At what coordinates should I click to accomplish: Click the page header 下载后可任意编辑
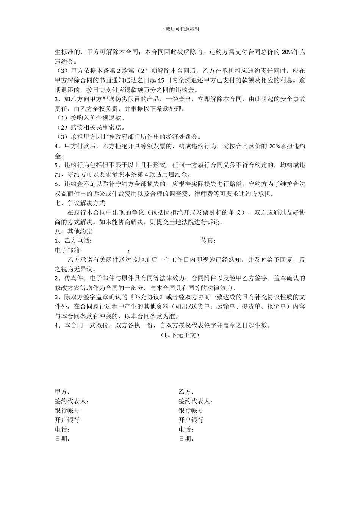pos(180,29)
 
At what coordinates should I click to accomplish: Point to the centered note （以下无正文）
pos(180,335)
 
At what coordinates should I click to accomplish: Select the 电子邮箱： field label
pos(69,250)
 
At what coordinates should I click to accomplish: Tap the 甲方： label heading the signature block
pos(63,392)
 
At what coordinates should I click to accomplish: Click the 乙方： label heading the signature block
pos(186,392)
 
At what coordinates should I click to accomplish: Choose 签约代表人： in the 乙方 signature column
pos(196,401)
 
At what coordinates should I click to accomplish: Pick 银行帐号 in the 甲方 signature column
pos(67,411)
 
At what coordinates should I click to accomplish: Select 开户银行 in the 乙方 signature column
pos(191,420)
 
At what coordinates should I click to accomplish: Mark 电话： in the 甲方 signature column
pos(63,429)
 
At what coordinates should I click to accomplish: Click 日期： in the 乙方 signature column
pos(186,439)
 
